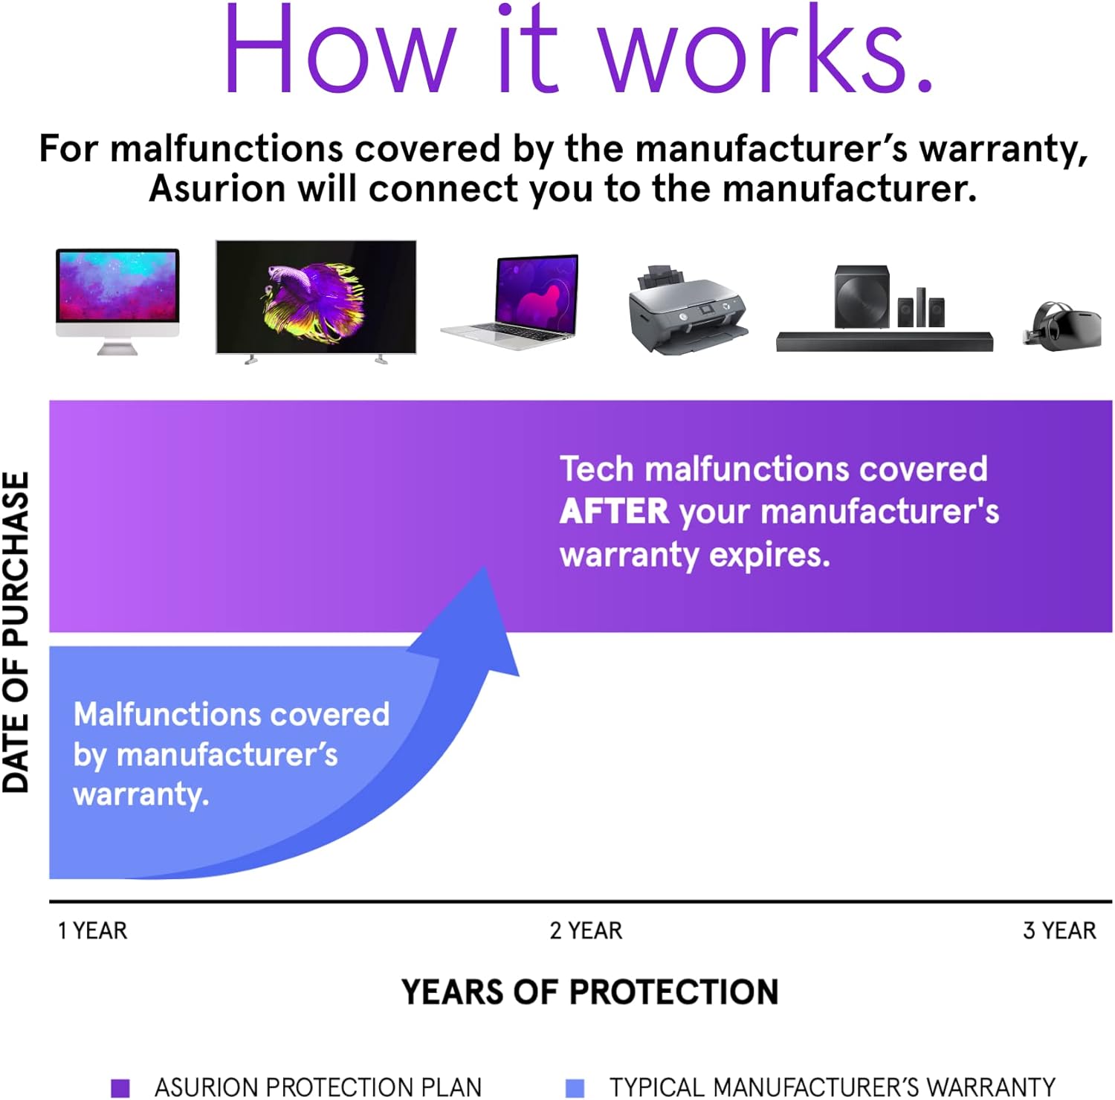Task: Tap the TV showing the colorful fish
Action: click(x=315, y=297)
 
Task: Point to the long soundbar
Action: click(x=884, y=341)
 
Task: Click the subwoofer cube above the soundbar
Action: click(x=862, y=296)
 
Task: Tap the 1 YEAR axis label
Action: click(x=93, y=930)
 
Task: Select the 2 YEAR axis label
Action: click(x=586, y=930)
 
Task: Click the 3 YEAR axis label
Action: click(x=1059, y=930)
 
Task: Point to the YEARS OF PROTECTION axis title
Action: click(x=589, y=992)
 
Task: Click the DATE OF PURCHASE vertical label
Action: click(x=16, y=632)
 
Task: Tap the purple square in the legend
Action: click(x=120, y=1087)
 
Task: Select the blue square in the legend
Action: click(x=575, y=1087)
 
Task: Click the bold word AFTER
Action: click(x=614, y=512)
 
